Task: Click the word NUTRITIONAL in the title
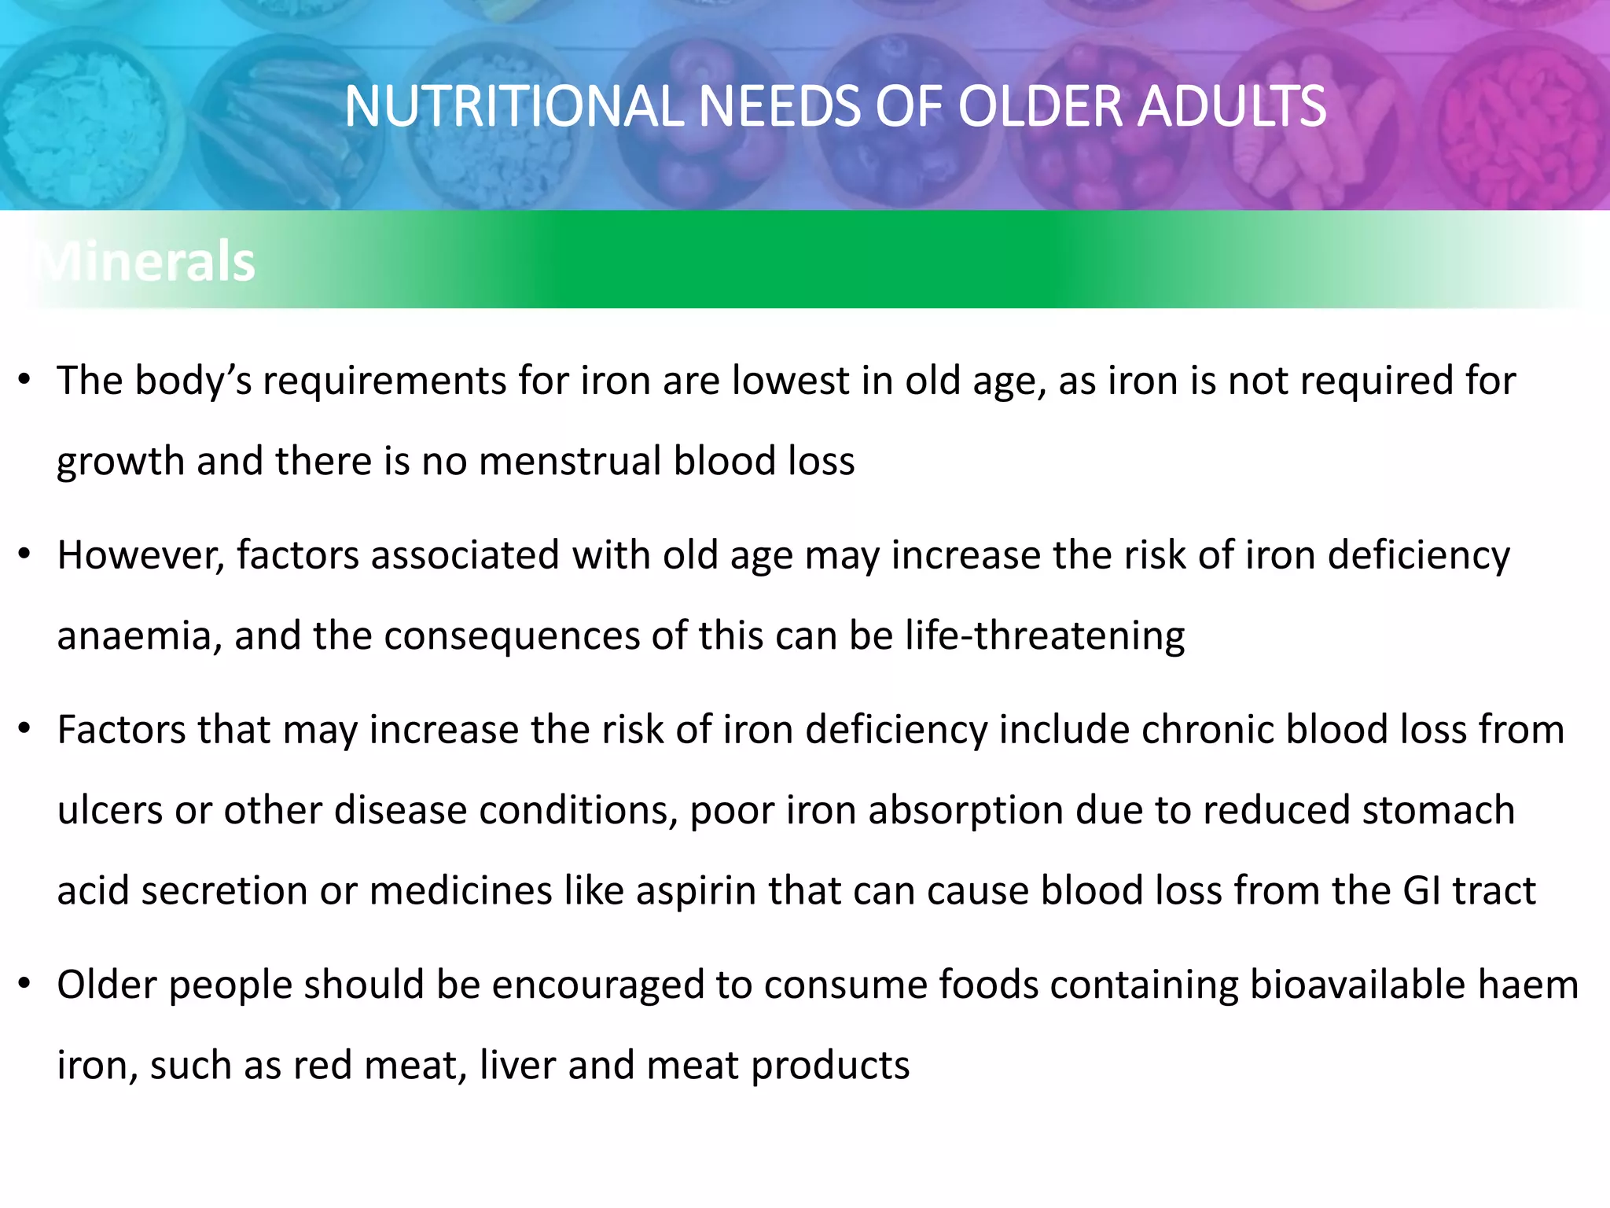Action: (516, 107)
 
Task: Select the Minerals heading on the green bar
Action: (146, 261)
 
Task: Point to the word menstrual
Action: (569, 461)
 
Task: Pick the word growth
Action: (120, 462)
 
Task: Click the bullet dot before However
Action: (25, 555)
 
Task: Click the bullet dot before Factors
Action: (25, 730)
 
